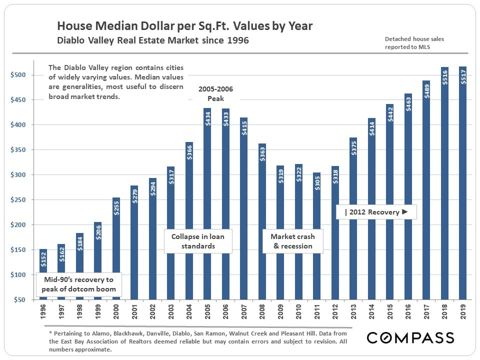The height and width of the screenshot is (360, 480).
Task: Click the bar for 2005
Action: point(207,200)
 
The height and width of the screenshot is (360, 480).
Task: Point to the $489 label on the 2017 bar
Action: point(426,91)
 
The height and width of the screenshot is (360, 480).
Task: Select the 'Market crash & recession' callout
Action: point(292,241)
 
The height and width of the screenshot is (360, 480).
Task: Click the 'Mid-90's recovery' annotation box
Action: point(78,284)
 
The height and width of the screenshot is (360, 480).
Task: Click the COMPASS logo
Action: point(410,337)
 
